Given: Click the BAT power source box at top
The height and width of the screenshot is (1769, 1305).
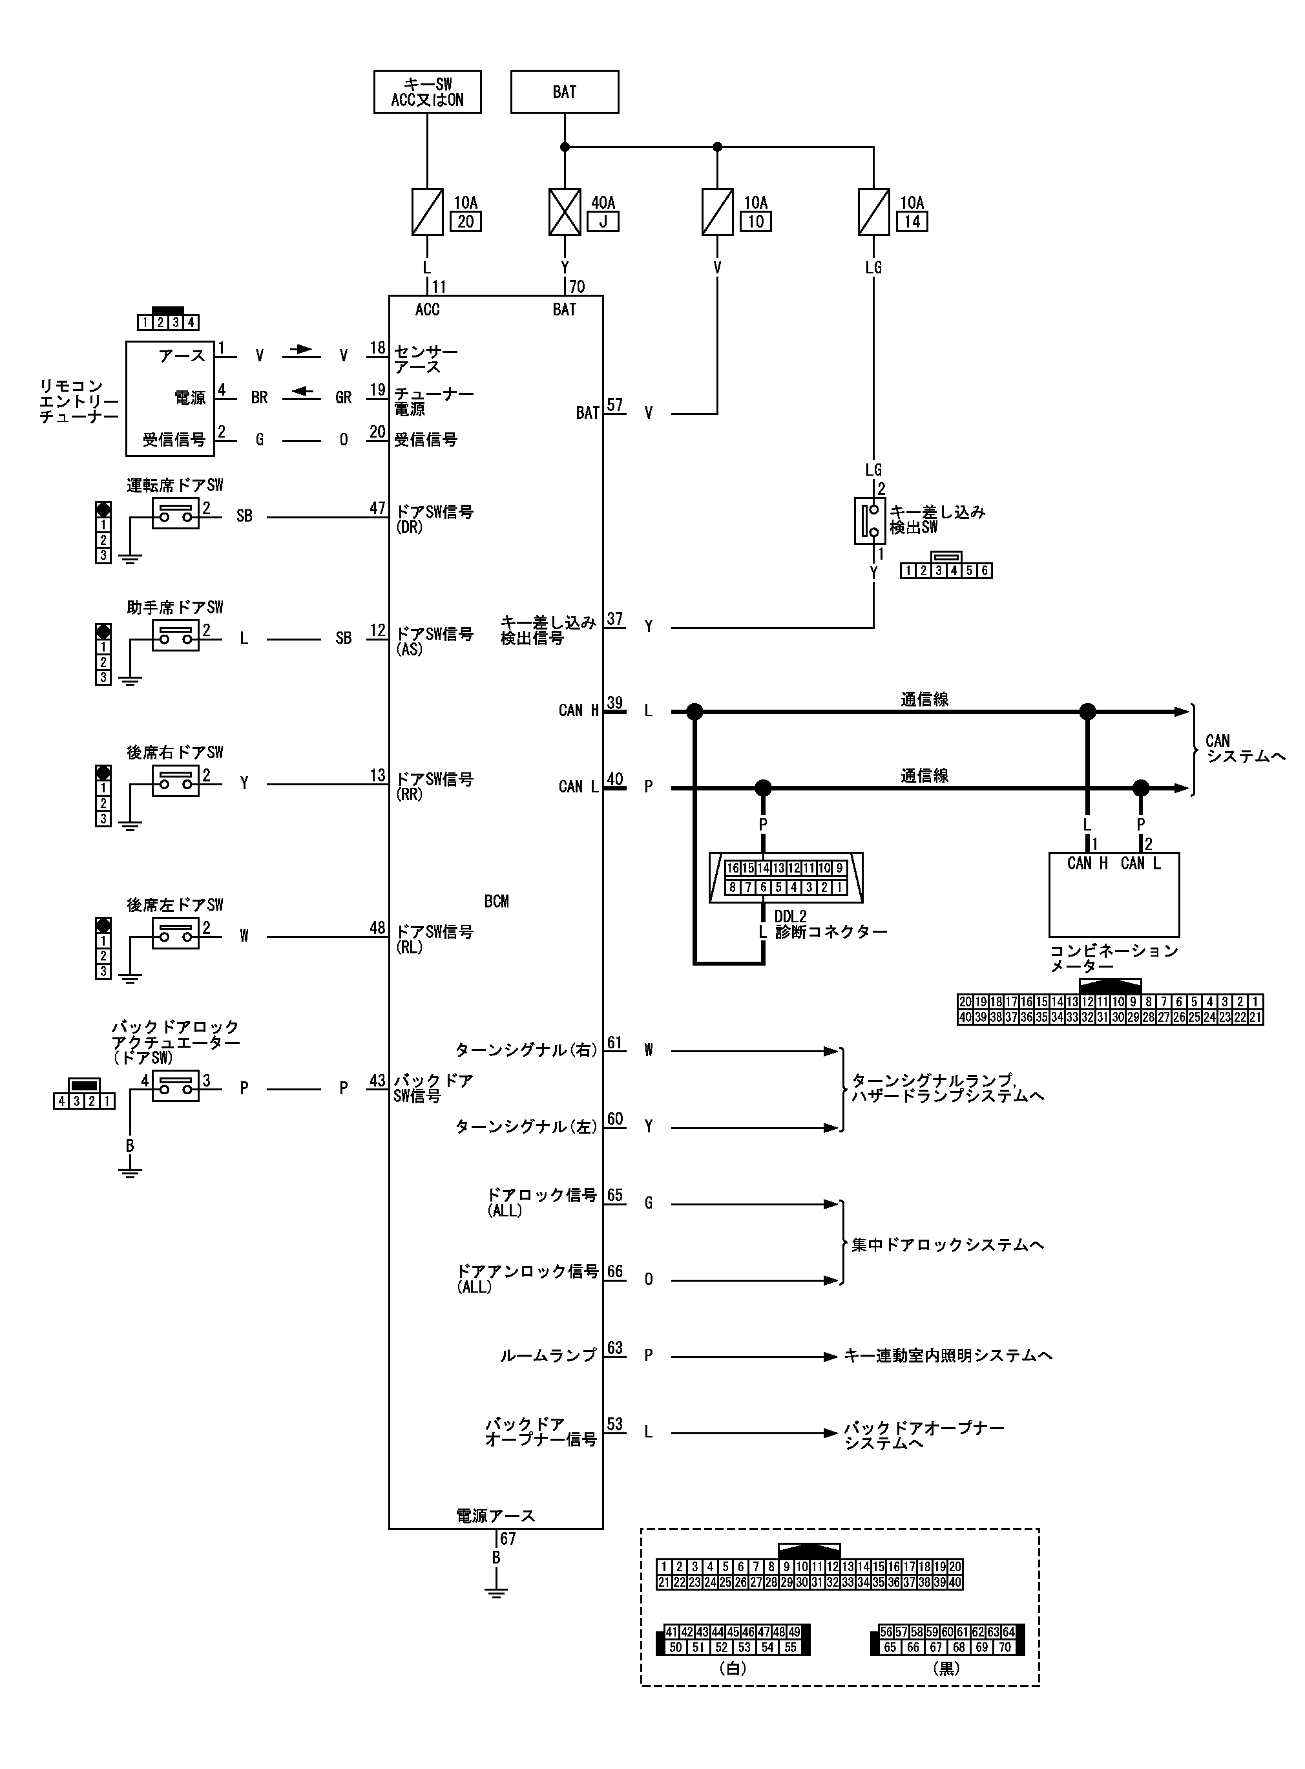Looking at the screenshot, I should [564, 92].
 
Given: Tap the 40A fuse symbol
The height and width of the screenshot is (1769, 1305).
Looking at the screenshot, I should [564, 212].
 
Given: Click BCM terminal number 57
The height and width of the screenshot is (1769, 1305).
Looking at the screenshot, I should [614, 405].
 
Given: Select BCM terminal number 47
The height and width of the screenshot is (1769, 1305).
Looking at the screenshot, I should [377, 508].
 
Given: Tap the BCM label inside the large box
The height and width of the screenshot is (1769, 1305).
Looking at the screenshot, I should [496, 902].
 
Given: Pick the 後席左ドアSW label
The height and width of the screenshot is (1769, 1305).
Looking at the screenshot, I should [175, 905].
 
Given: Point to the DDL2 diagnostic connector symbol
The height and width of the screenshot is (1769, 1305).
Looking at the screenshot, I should [786, 877].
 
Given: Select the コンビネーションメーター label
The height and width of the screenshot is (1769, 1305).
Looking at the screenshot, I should [1113, 959].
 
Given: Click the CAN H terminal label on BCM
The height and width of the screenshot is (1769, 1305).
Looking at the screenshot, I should [578, 710].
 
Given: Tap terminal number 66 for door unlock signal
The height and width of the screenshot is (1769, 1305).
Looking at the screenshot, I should [614, 1271].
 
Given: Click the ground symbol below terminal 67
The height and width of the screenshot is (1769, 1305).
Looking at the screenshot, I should [496, 1592].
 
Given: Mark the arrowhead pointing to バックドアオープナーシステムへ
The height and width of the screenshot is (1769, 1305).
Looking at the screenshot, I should [830, 1432].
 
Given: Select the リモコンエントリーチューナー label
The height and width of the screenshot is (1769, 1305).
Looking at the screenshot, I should [78, 401].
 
